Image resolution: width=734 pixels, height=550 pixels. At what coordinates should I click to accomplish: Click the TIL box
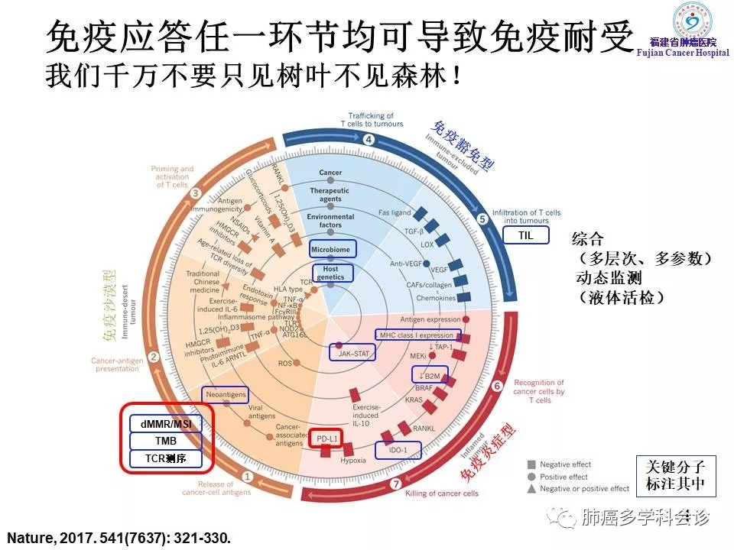tap(525, 236)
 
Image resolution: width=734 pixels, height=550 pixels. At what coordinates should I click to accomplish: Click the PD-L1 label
tap(327, 439)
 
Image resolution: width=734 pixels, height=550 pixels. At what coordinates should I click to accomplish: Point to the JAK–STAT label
tap(353, 352)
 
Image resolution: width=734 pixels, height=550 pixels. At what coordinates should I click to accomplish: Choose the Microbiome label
tap(330, 250)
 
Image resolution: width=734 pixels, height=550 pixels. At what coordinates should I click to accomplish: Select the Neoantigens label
tap(226, 394)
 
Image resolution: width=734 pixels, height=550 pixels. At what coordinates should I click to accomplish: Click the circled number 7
tap(395, 484)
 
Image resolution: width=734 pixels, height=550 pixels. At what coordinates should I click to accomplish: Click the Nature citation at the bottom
tap(119, 537)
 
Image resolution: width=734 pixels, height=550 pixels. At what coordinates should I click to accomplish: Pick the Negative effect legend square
tap(531, 464)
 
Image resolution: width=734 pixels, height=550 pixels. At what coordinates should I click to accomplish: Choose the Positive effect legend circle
tap(531, 477)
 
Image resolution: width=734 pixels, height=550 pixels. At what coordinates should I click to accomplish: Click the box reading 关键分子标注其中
tap(671, 475)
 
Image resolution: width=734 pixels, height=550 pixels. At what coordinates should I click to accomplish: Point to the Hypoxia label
tap(352, 460)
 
